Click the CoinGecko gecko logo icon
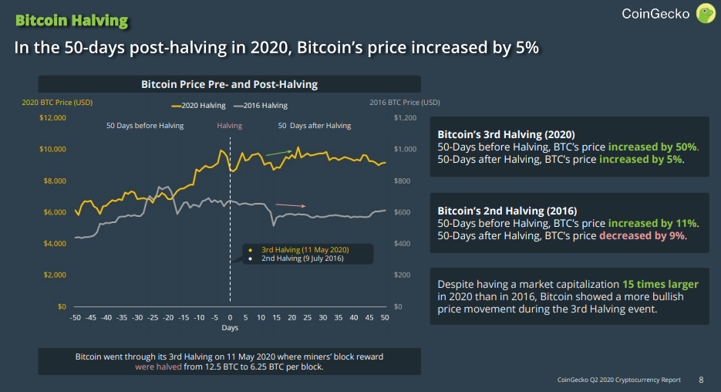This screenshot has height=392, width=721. (x=706, y=13)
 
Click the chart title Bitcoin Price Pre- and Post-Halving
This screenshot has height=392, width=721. (x=229, y=84)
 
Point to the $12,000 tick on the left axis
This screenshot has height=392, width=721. (x=52, y=117)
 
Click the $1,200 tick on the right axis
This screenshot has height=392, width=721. (x=403, y=117)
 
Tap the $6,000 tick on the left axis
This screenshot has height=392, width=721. (x=55, y=212)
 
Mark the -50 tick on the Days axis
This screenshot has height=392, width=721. (x=75, y=317)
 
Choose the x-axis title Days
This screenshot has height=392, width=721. (x=230, y=328)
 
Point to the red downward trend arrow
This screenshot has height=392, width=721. (x=291, y=205)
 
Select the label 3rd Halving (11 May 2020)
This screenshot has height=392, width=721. (x=305, y=250)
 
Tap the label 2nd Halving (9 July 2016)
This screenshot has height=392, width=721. (x=302, y=259)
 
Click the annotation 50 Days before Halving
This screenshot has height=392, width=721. (x=145, y=126)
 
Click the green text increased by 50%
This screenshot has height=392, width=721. (x=652, y=147)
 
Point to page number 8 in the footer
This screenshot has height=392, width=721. (x=701, y=380)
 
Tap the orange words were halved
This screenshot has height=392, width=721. (x=159, y=367)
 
